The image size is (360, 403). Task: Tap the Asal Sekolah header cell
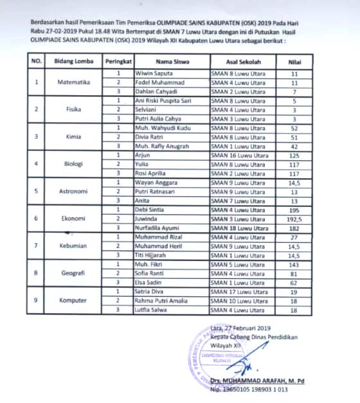(x=239, y=61)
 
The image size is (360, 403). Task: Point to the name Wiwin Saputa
(x=152, y=74)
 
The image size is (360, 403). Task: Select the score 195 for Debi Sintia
(x=294, y=210)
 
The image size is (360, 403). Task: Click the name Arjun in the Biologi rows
(x=142, y=155)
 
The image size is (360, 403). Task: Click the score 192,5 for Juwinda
(x=294, y=219)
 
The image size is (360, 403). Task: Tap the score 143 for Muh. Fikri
(x=294, y=264)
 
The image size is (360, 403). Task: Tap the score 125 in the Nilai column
(x=294, y=155)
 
